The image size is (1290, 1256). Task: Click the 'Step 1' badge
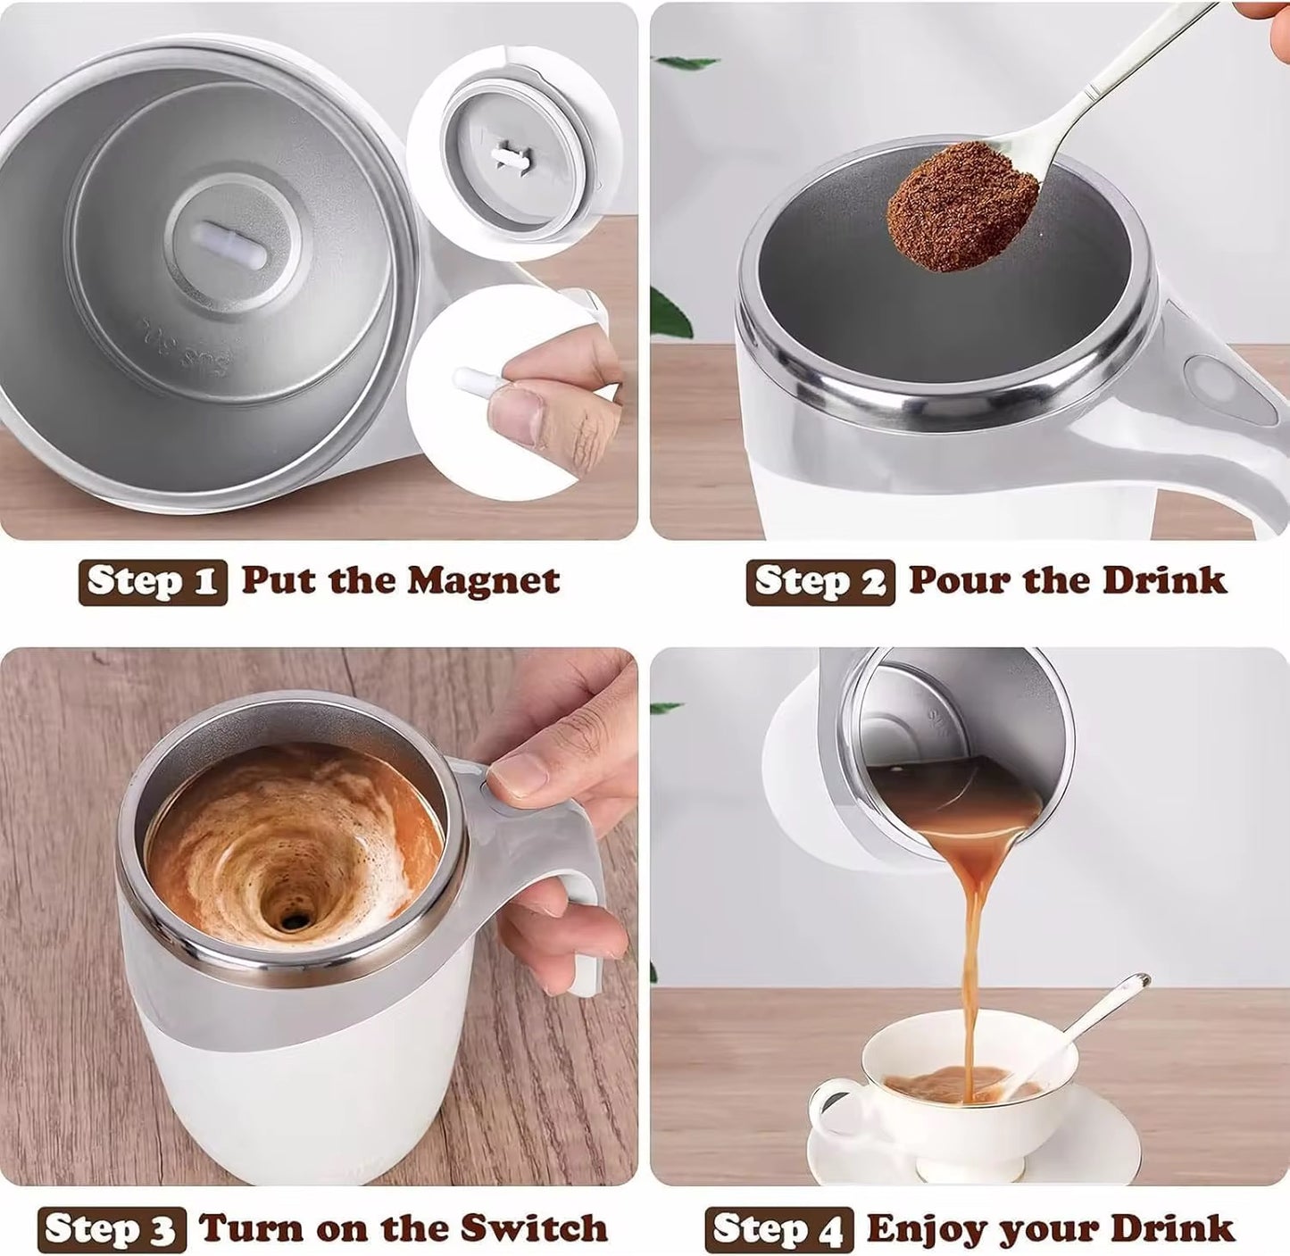(153, 582)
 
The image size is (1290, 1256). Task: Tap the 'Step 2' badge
(820, 582)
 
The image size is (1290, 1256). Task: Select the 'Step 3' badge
(112, 1230)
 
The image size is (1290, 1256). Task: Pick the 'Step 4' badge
(778, 1230)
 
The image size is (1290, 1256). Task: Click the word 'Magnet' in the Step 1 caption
(483, 581)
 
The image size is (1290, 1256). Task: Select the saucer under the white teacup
(973, 1152)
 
